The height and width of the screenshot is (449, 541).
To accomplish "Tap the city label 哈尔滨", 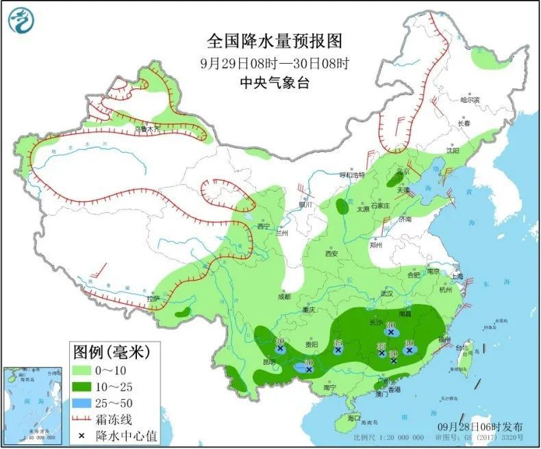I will click(470, 100).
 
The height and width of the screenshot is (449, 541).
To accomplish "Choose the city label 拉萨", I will click(153, 298).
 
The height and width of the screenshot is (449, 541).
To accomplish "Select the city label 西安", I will click(332, 253).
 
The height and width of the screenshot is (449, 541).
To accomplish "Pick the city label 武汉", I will click(387, 293).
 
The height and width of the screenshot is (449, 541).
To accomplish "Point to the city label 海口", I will click(353, 418).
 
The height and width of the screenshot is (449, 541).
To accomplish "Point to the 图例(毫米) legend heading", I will click(111, 353).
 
